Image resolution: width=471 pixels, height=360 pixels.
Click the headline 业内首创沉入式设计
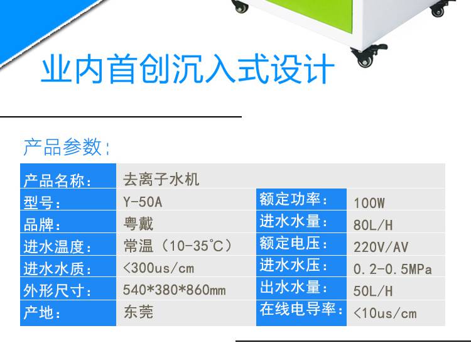188,69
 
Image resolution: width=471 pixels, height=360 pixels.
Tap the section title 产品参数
63,147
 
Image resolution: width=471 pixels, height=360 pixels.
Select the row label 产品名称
55,180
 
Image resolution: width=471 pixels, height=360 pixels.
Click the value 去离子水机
161,180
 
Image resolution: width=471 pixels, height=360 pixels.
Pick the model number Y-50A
143,202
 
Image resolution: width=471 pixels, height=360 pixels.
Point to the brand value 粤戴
139,224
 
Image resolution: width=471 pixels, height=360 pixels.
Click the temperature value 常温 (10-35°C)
178,246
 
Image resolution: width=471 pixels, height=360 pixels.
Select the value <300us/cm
159,268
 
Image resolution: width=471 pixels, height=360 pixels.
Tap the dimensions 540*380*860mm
174,290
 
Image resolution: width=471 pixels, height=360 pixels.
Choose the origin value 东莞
139,312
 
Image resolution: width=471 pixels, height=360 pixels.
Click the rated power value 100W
369,203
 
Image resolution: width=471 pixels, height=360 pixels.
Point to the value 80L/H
373,225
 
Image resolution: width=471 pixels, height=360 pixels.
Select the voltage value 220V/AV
381,247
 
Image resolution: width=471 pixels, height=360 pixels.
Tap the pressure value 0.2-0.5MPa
392,270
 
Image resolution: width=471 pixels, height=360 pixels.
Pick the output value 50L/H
373,291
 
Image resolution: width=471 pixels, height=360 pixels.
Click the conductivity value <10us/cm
385,314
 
